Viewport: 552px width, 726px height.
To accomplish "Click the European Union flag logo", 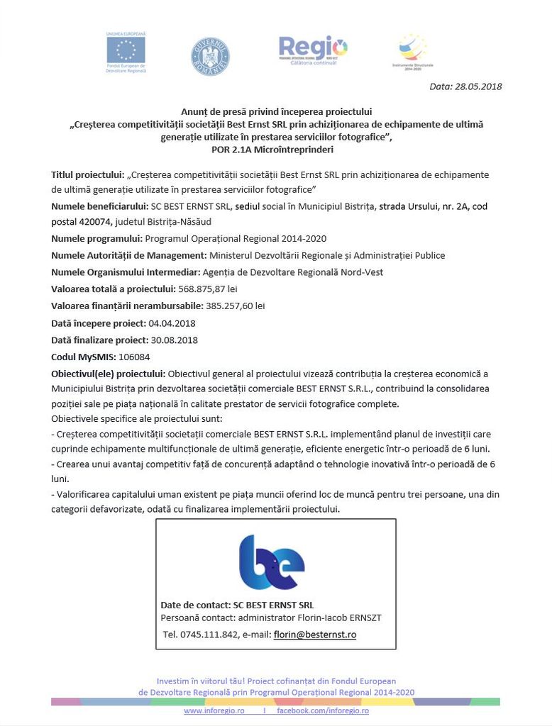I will point(126,50).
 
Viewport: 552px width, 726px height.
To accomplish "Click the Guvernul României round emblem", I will point(210,57).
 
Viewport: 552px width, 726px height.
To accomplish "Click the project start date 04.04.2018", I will point(173,323).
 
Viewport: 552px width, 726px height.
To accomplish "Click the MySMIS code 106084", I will point(134,357).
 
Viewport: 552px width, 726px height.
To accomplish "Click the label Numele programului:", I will point(96,238).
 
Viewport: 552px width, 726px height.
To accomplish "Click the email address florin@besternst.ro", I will point(315,635).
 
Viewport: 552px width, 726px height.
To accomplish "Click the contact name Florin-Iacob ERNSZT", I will point(338,618).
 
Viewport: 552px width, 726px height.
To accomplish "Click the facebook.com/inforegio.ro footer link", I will point(323,710).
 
